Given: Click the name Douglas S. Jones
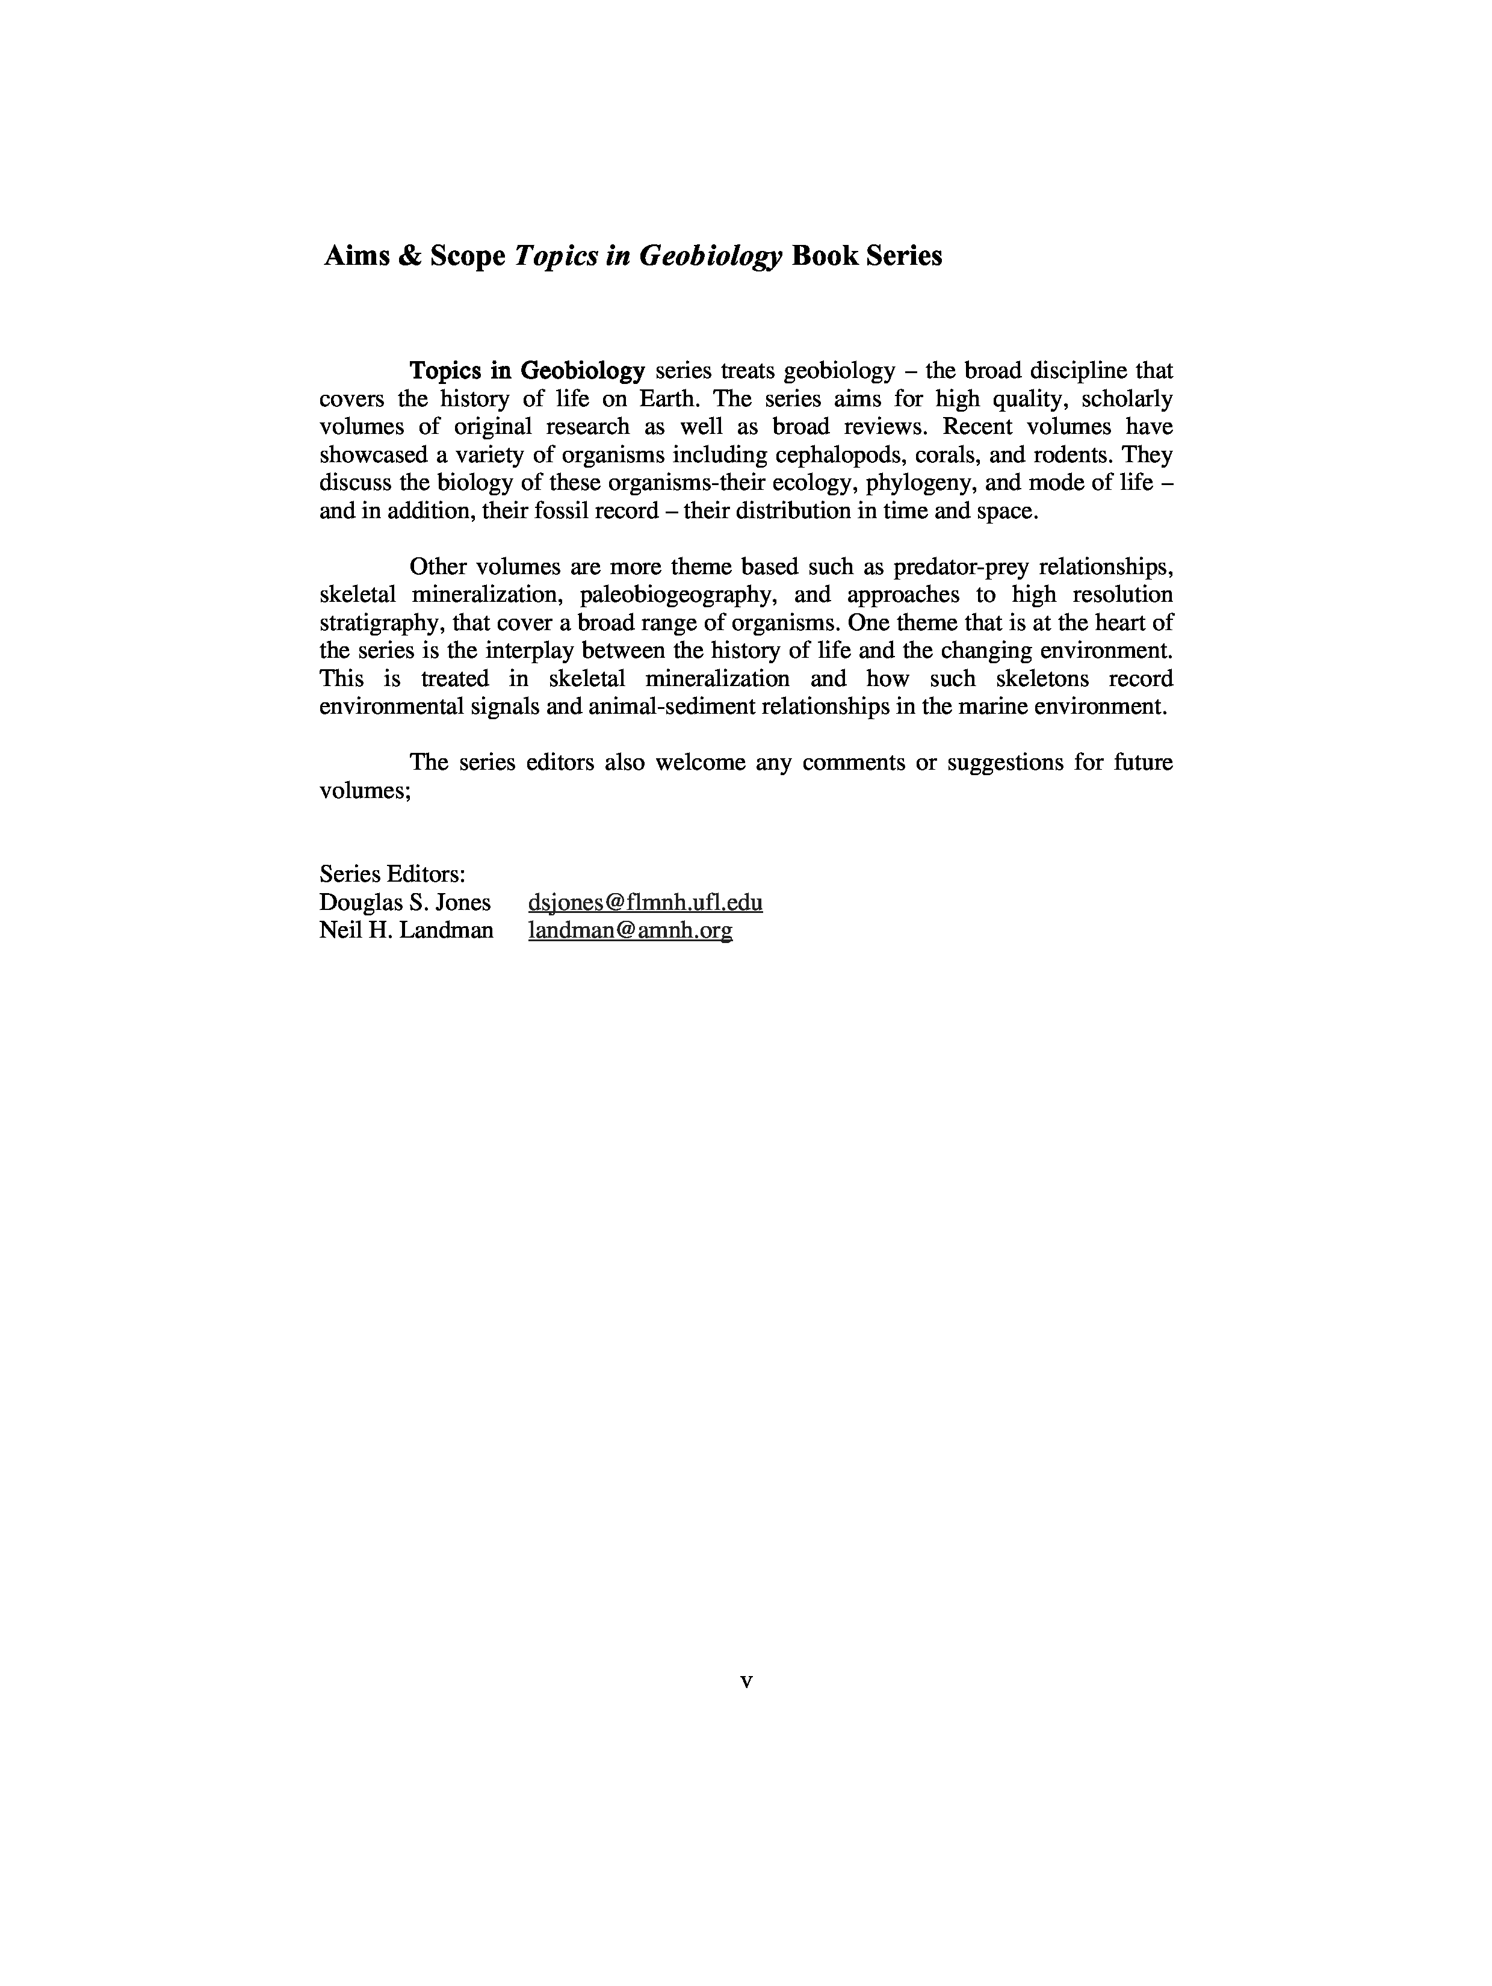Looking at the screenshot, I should point(405,902).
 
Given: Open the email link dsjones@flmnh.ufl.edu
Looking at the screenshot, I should point(645,902).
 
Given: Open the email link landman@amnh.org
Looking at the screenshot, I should point(630,930).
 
